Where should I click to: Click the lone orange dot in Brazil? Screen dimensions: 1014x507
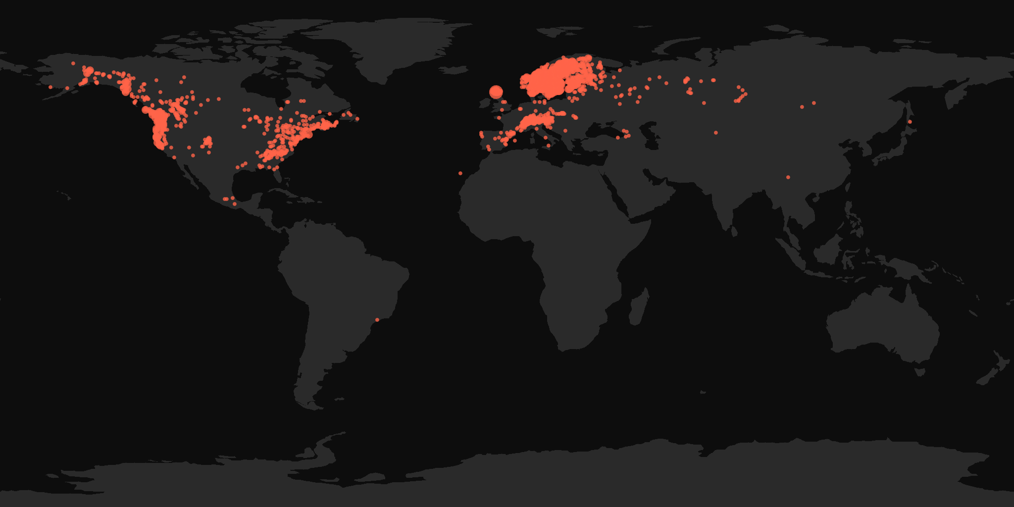coord(377,319)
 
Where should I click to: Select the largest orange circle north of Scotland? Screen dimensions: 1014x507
coord(496,92)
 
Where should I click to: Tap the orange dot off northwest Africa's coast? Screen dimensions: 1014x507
coord(460,173)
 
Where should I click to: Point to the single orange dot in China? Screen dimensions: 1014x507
coord(788,177)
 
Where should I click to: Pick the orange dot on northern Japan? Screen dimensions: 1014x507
coord(910,122)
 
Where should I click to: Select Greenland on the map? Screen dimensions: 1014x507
coord(396,45)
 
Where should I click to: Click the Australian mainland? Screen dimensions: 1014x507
coord(881,327)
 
